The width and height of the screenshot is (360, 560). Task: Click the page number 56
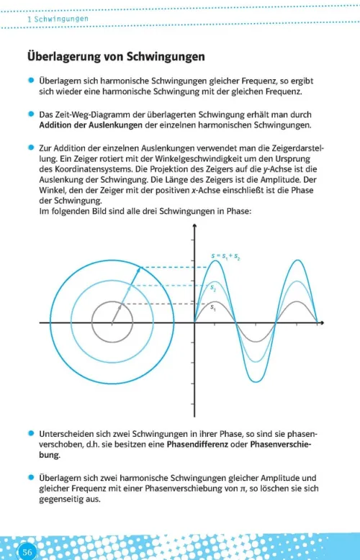coord(28,551)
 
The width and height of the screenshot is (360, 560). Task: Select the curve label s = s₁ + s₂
coord(225,256)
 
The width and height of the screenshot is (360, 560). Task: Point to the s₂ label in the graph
coord(213,288)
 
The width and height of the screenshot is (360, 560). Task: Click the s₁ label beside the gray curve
coord(213,307)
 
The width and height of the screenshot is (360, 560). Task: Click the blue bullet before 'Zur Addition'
coord(31,148)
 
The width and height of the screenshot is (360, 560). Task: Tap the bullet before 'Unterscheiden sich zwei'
coord(31,434)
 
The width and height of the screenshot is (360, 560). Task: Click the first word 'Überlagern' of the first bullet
coord(63,81)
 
